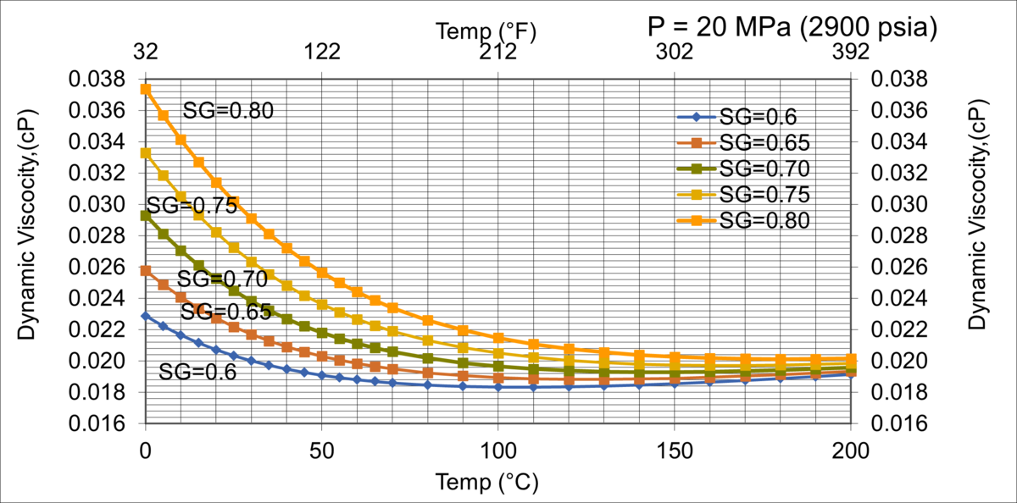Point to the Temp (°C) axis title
[x=486, y=483]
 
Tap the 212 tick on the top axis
[x=498, y=53]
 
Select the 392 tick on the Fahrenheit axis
[x=850, y=53]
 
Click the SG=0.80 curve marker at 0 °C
[x=146, y=89]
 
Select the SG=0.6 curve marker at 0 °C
[x=146, y=316]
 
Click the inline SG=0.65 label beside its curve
[x=226, y=312]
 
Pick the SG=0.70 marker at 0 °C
[x=146, y=216]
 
